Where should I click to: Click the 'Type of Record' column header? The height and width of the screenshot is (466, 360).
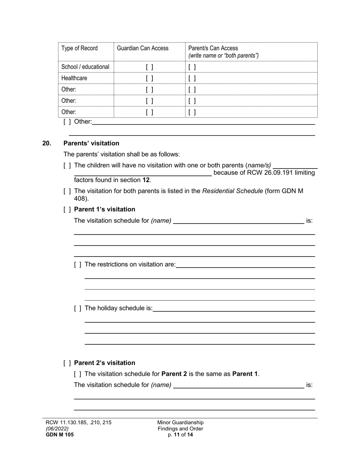(x=79, y=48)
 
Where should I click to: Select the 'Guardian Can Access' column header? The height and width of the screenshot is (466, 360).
(x=142, y=48)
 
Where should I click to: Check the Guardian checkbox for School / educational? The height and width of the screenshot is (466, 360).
(x=150, y=67)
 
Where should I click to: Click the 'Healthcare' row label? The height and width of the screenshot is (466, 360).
(x=74, y=78)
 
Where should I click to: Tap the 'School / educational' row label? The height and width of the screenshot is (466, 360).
(x=85, y=67)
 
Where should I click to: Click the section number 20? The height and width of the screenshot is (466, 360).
(x=47, y=143)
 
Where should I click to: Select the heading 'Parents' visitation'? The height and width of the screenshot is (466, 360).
(x=91, y=143)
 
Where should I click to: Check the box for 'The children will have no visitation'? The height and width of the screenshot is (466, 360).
(x=67, y=166)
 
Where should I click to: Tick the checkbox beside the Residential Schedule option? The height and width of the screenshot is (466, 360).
(x=67, y=191)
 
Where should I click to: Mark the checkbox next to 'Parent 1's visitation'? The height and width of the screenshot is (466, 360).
(x=67, y=210)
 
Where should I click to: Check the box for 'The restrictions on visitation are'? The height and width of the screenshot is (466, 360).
(x=78, y=264)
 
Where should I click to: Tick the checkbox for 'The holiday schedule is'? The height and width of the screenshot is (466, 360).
(x=78, y=308)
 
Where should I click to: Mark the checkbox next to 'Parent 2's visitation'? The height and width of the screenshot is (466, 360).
(x=67, y=363)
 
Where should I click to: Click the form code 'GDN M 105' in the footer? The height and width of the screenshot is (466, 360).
(x=59, y=435)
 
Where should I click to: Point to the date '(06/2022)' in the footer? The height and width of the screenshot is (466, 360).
(x=57, y=428)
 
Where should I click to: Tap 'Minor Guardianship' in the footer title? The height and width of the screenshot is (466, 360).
(x=180, y=422)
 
